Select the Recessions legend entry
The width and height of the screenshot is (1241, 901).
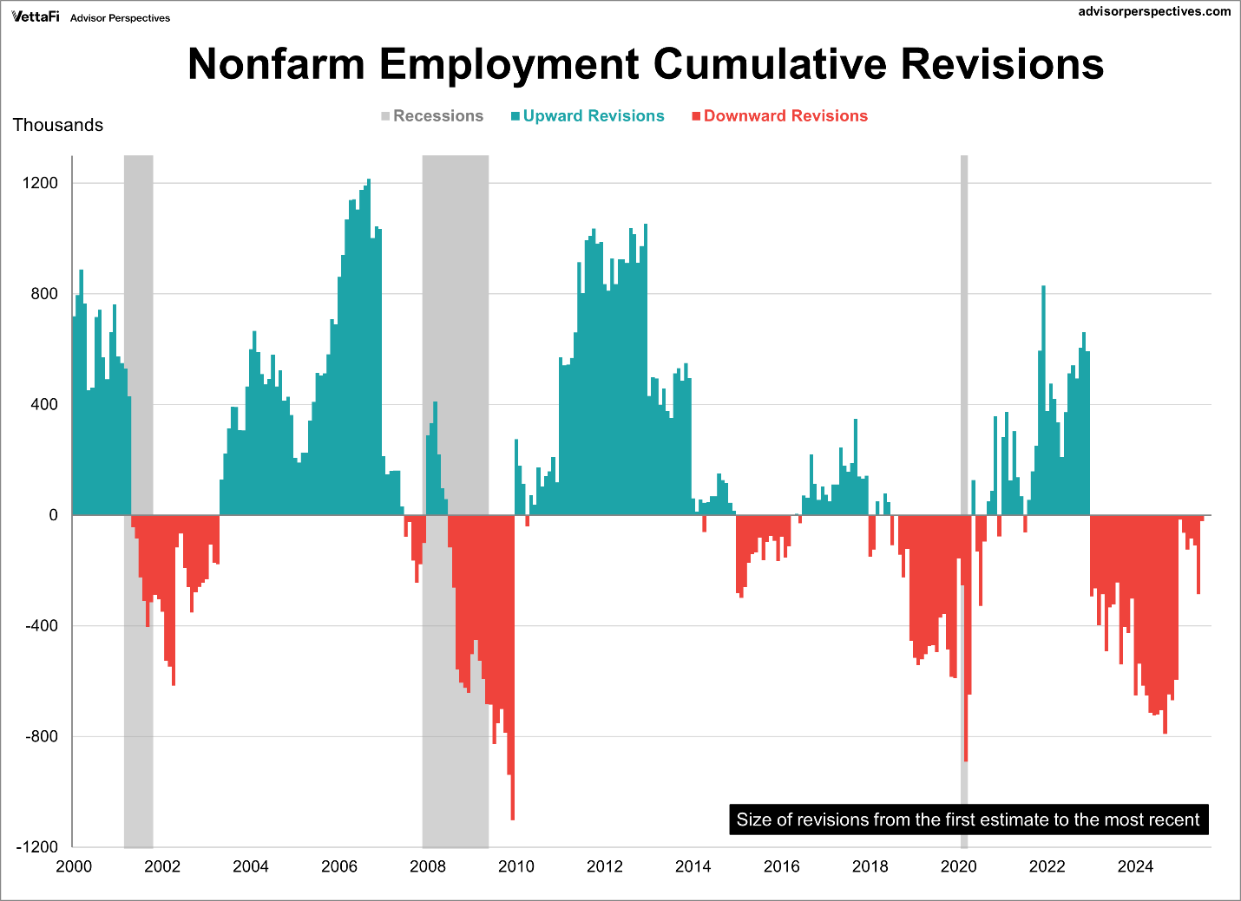click(x=432, y=116)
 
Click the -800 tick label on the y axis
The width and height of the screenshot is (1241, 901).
click(x=40, y=736)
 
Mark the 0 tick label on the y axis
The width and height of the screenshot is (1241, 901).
click(x=54, y=515)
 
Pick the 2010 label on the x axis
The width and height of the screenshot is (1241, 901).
click(x=516, y=866)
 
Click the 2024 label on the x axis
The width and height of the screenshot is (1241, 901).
click(x=1135, y=866)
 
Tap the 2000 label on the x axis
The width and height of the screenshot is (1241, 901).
click(x=74, y=866)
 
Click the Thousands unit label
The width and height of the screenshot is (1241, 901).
click(x=58, y=125)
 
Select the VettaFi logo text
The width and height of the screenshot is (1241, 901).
click(x=36, y=16)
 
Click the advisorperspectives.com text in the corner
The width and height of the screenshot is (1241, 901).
click(x=1154, y=11)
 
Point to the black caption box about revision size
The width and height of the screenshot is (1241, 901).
click(x=968, y=819)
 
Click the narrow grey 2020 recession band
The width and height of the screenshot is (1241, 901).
click(x=964, y=347)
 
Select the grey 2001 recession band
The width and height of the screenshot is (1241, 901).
click(x=139, y=347)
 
